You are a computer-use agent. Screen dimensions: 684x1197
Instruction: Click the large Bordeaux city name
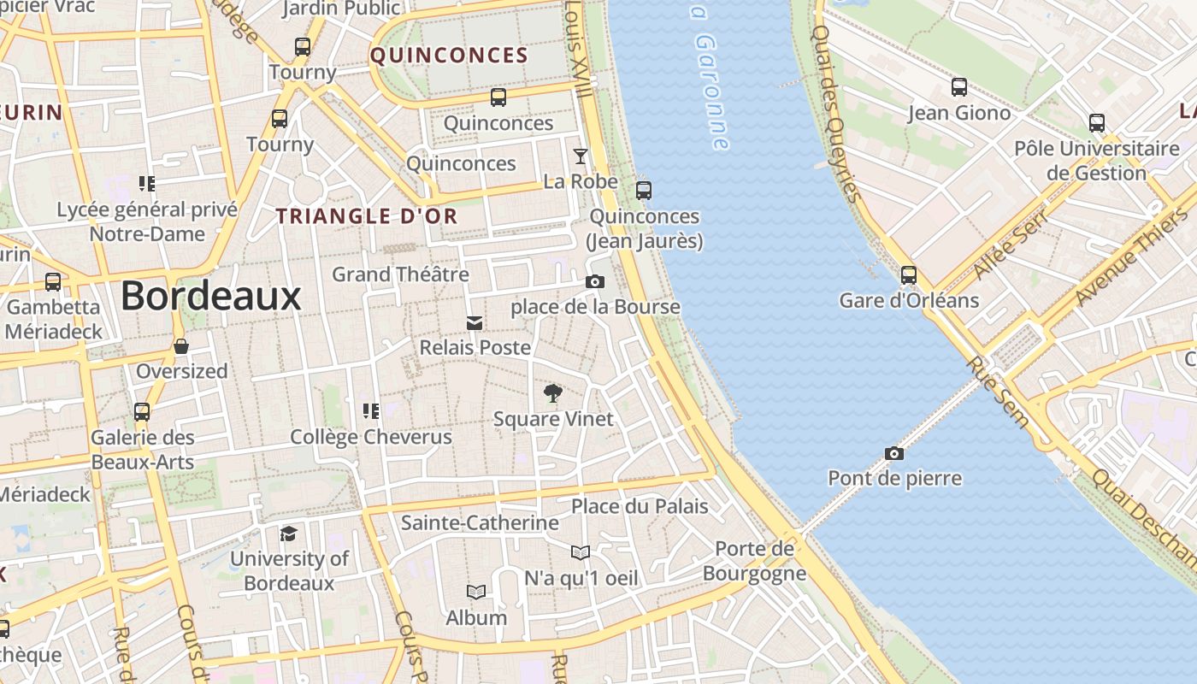(210, 297)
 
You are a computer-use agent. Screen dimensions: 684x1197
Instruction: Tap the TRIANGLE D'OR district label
(367, 216)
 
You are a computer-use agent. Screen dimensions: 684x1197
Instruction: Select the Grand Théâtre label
(400, 274)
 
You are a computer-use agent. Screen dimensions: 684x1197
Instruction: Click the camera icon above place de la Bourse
(595, 281)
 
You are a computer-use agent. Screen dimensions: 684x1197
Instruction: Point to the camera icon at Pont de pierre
(893, 453)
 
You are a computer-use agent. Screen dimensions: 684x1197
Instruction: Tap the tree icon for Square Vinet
(553, 393)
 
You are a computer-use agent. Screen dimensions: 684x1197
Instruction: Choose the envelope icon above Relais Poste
(475, 322)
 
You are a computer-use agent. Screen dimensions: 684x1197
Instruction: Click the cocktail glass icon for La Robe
(581, 156)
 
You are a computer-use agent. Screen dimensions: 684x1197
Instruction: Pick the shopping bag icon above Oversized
(181, 346)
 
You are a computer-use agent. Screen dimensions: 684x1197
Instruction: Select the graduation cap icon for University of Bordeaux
(289, 534)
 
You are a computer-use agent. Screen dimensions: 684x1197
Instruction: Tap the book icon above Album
(476, 592)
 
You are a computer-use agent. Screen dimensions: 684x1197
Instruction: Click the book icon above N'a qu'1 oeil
(581, 553)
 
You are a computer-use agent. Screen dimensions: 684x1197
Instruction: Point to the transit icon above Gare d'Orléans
(908, 275)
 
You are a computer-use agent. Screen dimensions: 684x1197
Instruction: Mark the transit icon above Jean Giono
(959, 87)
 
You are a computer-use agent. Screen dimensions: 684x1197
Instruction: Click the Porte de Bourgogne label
(754, 561)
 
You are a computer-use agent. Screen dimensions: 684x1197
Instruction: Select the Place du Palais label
(640, 506)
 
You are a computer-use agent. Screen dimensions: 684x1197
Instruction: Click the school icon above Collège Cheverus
(370, 411)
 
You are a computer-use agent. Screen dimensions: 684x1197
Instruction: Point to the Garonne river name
(711, 81)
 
